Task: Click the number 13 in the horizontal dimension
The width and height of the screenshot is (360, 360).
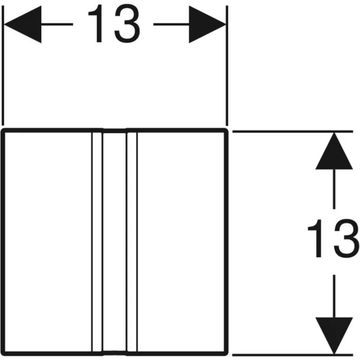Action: (x=114, y=23)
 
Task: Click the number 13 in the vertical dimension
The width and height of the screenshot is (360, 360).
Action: (x=334, y=238)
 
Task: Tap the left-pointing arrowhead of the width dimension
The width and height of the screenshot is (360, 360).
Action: (x=23, y=24)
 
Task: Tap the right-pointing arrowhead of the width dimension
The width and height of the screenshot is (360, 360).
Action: (x=208, y=24)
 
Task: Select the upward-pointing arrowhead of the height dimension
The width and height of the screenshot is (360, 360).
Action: (x=334, y=151)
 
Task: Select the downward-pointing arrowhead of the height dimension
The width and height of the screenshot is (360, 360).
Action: (x=334, y=335)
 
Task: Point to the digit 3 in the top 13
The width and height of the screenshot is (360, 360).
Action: (x=127, y=23)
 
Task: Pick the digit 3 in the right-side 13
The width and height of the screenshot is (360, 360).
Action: (x=347, y=238)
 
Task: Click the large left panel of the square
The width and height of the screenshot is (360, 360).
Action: (x=48, y=242)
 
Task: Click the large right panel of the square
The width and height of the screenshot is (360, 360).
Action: (x=181, y=242)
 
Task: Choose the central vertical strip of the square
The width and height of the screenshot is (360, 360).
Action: (x=115, y=242)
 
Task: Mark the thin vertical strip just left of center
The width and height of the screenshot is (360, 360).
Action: (x=97, y=242)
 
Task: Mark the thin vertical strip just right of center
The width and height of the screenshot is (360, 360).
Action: (x=132, y=242)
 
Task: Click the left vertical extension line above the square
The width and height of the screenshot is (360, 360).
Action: (x=3, y=65)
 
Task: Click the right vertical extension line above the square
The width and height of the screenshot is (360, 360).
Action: (x=227, y=65)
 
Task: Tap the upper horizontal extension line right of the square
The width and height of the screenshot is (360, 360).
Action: (x=293, y=131)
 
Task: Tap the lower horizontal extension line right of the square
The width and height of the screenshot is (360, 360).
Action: (x=293, y=355)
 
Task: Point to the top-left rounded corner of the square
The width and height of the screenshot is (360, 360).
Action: (x=4, y=131)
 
